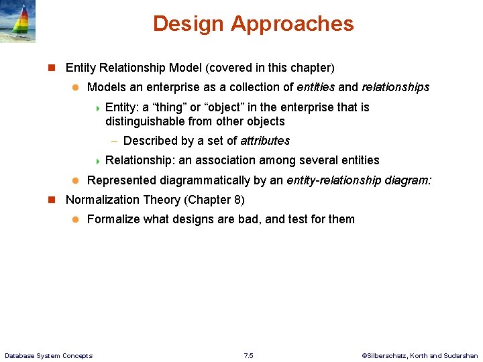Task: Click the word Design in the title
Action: point(189,24)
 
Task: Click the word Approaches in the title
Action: point(292,24)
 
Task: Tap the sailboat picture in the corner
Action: point(18,21)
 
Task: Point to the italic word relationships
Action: point(395,87)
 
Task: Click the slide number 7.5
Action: point(248,355)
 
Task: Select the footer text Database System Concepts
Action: point(48,355)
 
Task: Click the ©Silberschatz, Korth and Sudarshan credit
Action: point(419,355)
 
